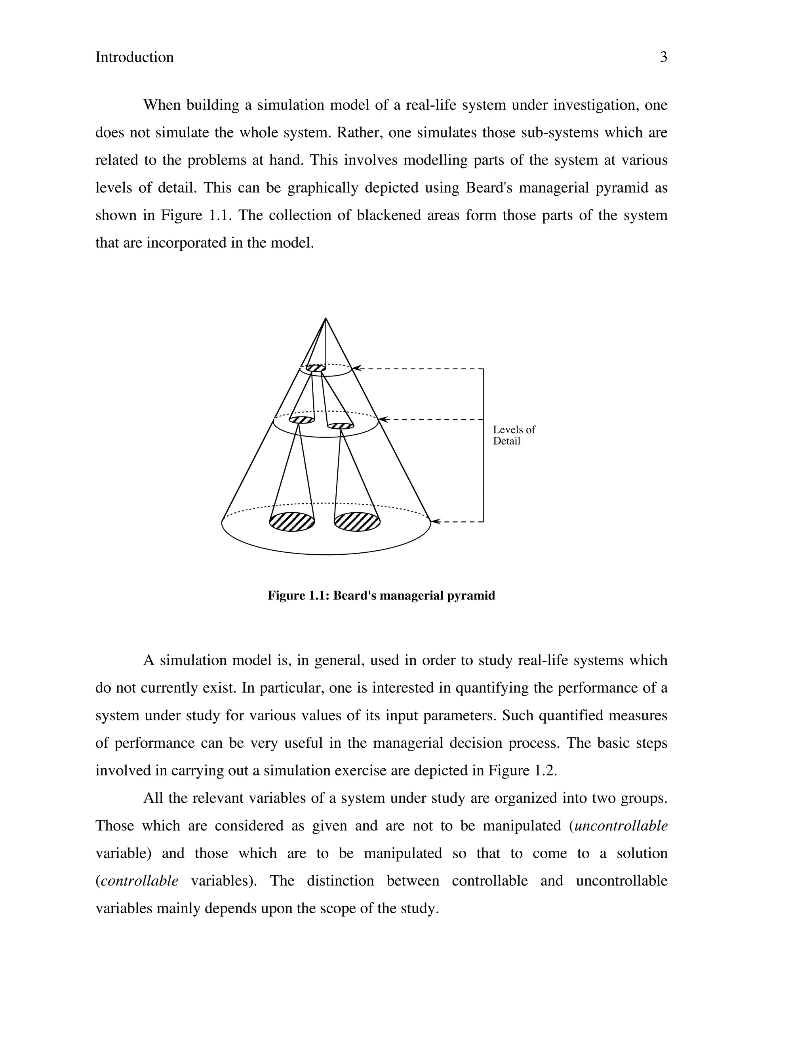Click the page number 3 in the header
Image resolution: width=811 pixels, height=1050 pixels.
coord(664,57)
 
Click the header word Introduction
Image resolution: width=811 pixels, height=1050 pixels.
coord(135,57)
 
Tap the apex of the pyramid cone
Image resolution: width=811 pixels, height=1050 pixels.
coord(326,318)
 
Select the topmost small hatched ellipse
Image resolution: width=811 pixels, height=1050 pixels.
coord(316,368)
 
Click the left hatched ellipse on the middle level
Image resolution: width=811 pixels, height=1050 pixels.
coord(302,420)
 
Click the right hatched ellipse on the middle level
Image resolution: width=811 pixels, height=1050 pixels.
coord(341,426)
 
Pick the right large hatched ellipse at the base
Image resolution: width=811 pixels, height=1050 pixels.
coord(357,522)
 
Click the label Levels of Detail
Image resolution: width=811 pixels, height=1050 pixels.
coord(514,435)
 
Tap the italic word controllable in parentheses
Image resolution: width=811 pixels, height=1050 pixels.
coord(139,881)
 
